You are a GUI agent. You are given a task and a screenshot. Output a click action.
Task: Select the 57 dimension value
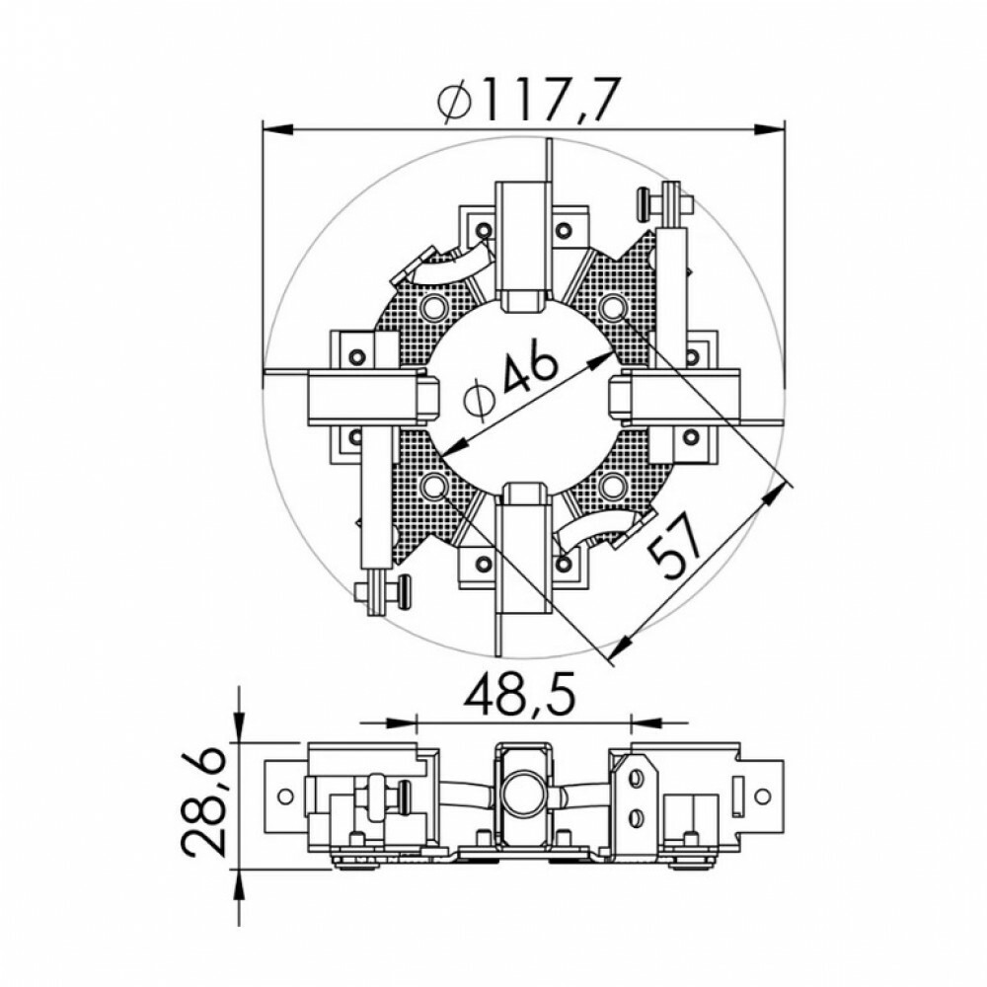[x=674, y=547]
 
